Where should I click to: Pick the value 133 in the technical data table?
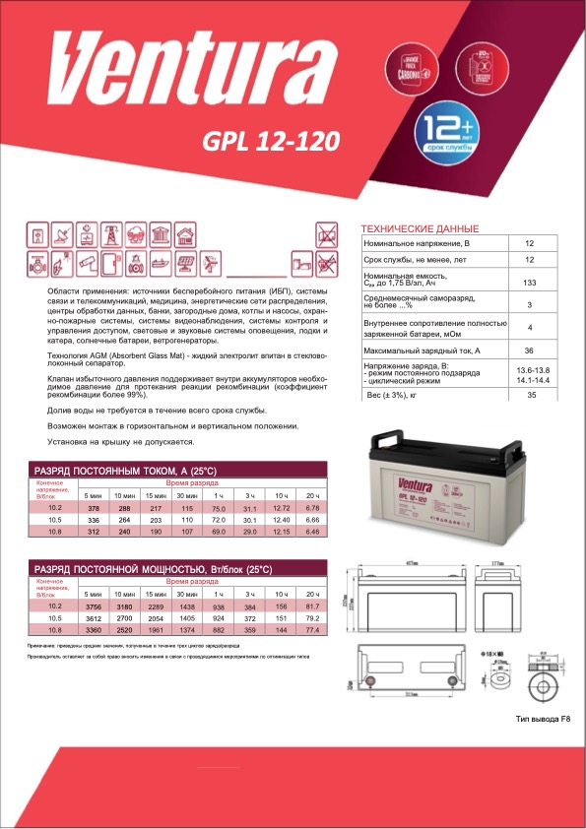530,284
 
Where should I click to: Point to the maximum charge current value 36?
530,351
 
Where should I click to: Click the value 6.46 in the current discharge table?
313,532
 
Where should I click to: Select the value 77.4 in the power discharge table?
313,629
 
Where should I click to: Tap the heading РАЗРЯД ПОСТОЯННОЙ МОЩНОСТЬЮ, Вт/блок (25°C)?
153,570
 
